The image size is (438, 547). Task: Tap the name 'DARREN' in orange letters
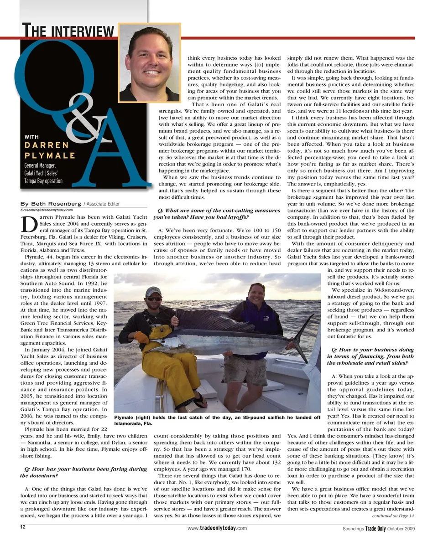pyautogui.click(x=47, y=145)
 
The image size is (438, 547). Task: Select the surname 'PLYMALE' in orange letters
pyautogui.click(x=50, y=155)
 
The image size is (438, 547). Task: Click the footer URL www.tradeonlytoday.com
pyautogui.click(x=217, y=528)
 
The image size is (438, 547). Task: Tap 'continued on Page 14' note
pyautogui.click(x=393, y=516)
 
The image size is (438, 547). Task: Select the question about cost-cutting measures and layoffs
pyautogui.click(x=218, y=214)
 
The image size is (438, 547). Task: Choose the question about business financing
pyautogui.click(x=370, y=356)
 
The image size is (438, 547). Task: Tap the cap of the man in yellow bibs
pyautogui.click(x=154, y=291)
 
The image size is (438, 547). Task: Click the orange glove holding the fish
pyautogui.click(x=142, y=337)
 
